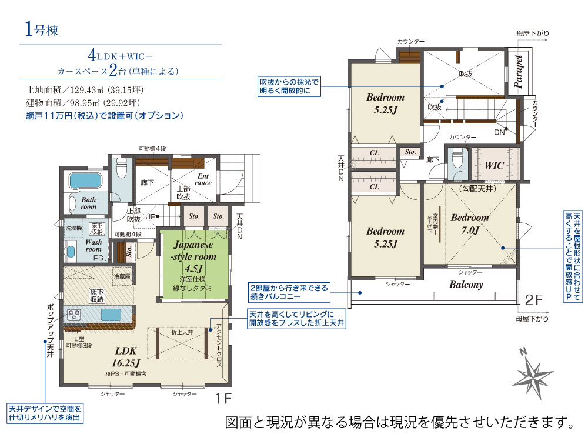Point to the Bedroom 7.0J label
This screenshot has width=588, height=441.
(x=469, y=223)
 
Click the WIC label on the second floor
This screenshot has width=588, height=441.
(x=494, y=165)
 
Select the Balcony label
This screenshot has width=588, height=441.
(x=466, y=284)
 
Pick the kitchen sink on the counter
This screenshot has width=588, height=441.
(x=113, y=315)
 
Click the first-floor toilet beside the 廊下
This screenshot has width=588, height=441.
(x=121, y=169)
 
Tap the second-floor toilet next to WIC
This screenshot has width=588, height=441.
(x=457, y=159)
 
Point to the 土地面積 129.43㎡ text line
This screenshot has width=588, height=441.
(x=85, y=91)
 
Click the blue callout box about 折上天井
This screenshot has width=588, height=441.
(x=296, y=319)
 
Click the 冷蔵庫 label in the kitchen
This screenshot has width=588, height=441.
(x=122, y=275)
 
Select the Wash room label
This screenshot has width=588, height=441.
(x=93, y=245)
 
